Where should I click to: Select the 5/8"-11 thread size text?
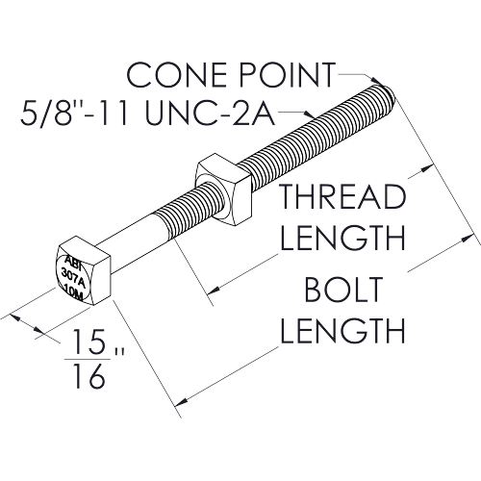[75, 112]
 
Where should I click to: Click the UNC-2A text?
[210, 112]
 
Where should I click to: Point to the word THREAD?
[342, 196]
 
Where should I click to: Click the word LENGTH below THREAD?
[342, 238]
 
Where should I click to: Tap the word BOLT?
[343, 290]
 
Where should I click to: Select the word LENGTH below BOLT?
[342, 330]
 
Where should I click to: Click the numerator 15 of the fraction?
[89, 341]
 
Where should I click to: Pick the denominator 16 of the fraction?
[89, 376]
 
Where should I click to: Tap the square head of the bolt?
[83, 270]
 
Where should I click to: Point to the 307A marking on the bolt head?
[73, 276]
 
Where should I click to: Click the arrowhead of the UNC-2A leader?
[309, 114]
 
